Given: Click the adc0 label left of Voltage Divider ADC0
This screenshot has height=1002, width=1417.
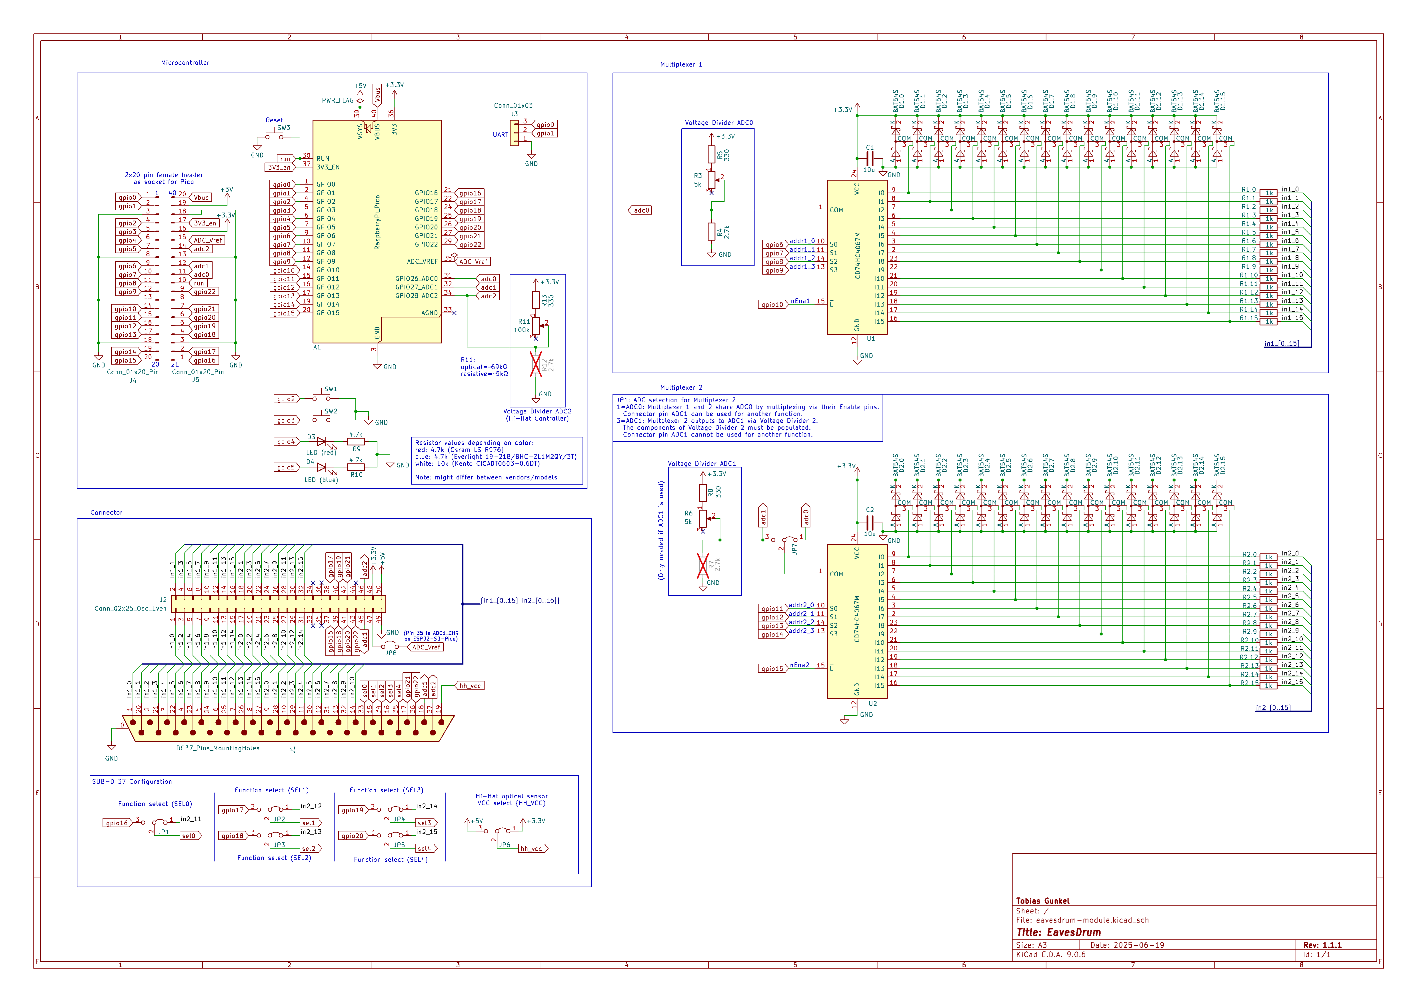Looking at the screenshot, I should pos(641,211).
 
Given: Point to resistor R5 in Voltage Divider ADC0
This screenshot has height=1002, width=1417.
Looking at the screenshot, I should pos(712,154).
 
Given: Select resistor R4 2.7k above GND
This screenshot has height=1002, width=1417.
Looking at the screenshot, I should pos(712,231).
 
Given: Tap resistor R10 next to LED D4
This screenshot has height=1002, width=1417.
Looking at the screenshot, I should pos(356,467).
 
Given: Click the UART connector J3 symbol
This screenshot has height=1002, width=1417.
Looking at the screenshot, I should pos(514,133).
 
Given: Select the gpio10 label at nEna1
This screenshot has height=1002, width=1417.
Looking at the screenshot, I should pos(772,304).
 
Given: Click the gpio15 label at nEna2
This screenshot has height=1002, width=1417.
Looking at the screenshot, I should pos(772,669).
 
